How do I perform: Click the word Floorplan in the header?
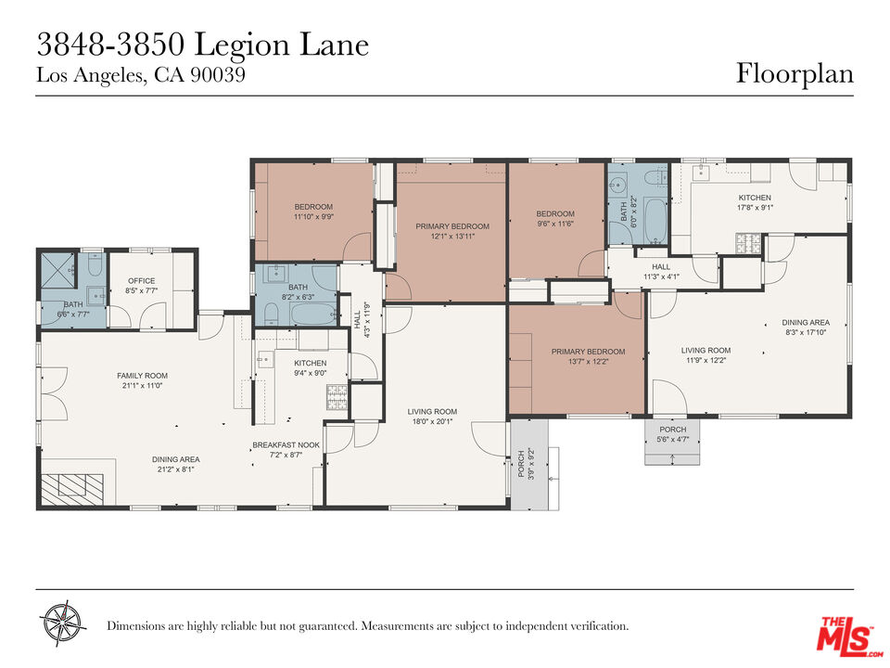tap(795, 73)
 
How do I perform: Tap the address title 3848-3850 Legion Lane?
tap(202, 45)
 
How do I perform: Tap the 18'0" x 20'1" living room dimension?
tap(433, 421)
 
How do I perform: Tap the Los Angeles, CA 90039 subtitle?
tap(140, 76)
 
